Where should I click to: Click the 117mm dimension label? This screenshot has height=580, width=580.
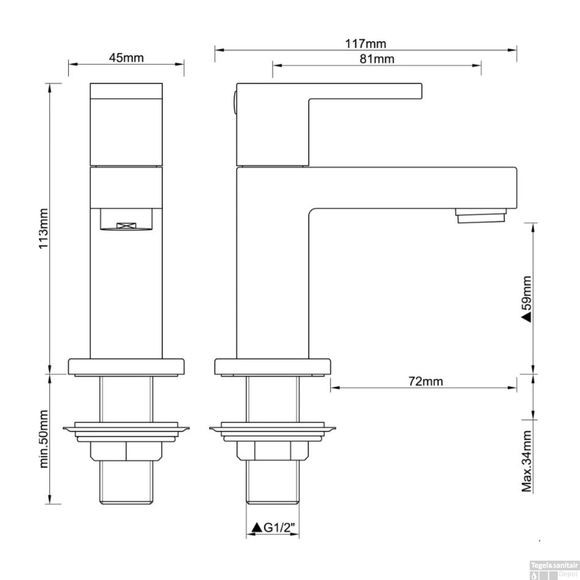[x=365, y=43]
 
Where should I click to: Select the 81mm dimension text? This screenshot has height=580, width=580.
[x=377, y=59]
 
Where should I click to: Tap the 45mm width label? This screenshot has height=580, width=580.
[x=126, y=58]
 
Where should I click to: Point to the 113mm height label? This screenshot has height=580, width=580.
[x=44, y=229]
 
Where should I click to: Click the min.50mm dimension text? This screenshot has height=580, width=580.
[x=44, y=439]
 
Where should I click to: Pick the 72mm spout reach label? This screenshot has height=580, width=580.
[x=426, y=381]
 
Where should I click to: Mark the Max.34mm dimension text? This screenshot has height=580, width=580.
[x=527, y=461]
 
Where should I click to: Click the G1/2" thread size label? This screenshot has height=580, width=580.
[x=279, y=527]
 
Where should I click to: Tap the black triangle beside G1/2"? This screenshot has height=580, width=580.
[x=257, y=527]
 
